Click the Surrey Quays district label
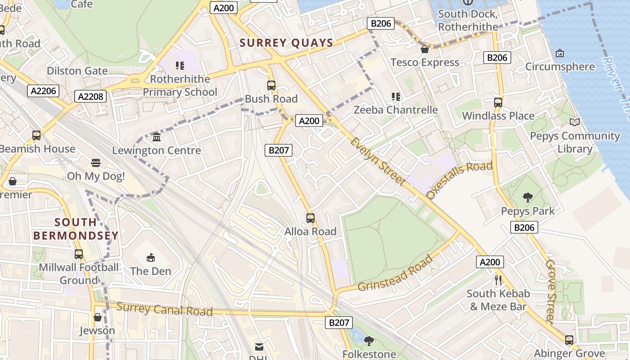click(286, 43)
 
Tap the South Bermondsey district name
click(76, 229)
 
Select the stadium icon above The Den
click(150, 257)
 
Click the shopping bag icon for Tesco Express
click(424, 49)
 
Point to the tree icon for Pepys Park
click(527, 197)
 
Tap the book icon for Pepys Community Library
click(574, 122)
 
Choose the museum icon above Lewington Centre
click(157, 137)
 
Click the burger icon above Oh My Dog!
click(95, 162)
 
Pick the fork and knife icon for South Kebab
click(498, 280)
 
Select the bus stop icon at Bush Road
click(271, 85)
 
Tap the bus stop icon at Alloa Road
click(310, 218)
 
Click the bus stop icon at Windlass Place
click(498, 102)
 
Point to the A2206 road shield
click(44, 91)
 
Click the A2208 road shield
click(91, 96)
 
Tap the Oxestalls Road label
click(459, 180)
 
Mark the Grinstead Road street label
click(396, 273)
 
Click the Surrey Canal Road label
click(164, 309)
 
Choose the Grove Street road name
click(551, 291)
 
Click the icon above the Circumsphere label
click(559, 53)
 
